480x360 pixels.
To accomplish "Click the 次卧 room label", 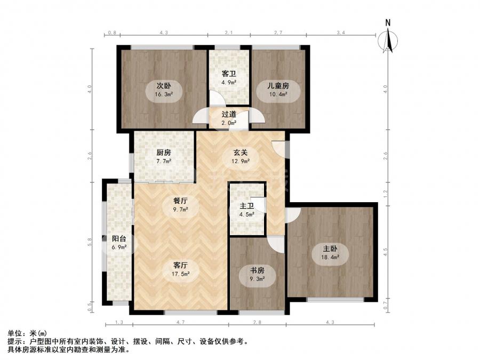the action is click(164, 86).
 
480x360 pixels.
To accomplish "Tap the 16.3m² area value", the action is click(164, 94).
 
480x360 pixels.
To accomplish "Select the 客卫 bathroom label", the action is click(229, 74).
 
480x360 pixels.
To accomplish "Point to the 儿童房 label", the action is click(278, 86).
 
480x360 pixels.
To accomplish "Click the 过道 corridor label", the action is click(229, 115).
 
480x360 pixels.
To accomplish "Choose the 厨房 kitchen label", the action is click(164, 152).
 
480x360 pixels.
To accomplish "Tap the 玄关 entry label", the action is click(241, 152).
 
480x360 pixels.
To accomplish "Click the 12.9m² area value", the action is click(241, 161).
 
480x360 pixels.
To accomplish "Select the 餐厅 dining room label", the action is click(180, 201).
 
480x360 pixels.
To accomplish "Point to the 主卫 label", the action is click(247, 206).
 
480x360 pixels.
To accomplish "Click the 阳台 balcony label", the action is click(119, 239).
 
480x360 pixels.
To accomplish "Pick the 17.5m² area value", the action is click(180, 274).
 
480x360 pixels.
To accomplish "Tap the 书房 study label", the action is click(257, 270).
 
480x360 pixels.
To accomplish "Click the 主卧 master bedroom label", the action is click(330, 248).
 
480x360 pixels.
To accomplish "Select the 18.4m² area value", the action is click(330, 257).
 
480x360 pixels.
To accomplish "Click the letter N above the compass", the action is click(388, 22).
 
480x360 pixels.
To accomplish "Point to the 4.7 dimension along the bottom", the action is click(181, 322).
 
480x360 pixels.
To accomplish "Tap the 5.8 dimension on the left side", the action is click(90, 242).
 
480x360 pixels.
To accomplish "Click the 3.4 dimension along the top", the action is click(341, 33).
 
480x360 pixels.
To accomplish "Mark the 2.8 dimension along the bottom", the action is click(257, 322).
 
